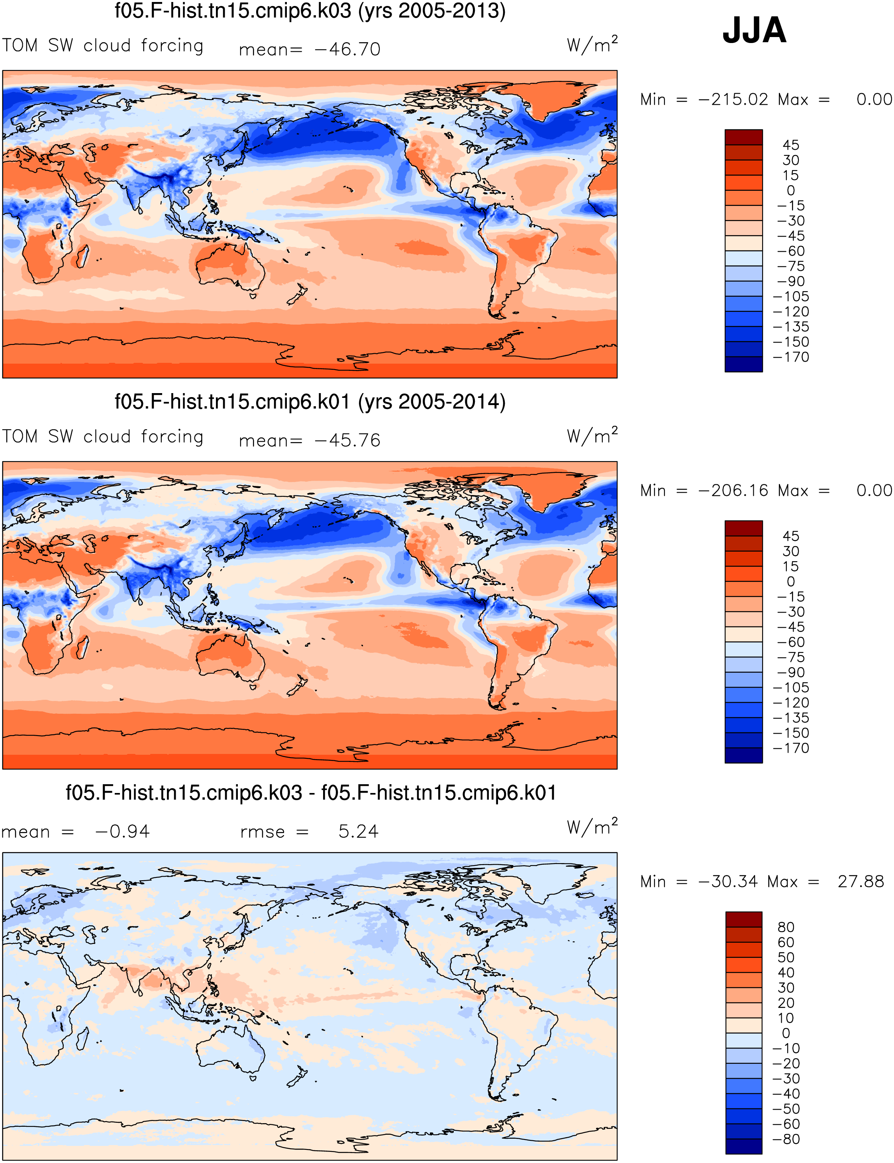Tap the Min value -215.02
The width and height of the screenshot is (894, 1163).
[733, 100]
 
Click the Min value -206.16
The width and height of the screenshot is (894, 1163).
[733, 491]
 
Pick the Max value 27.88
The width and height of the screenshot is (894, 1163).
[861, 881]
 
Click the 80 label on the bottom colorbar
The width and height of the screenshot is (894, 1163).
[786, 927]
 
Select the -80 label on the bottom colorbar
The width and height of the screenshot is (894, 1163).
[786, 1139]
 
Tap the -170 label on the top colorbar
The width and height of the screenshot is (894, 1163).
[791, 357]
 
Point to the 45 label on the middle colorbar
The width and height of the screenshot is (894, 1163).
[791, 536]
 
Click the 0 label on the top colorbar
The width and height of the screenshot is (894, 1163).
[791, 190]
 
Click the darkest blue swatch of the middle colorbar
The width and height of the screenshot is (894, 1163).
[743, 756]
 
